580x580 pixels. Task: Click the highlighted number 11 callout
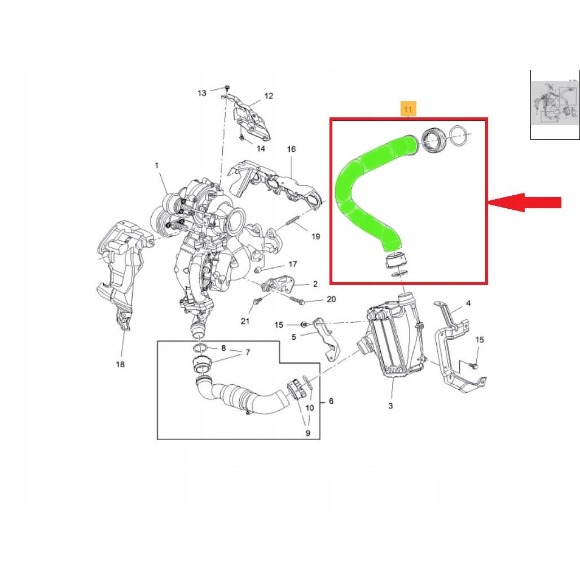(408, 109)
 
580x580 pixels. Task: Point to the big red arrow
(525, 203)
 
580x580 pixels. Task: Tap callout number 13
(202, 93)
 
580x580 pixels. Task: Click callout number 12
(269, 96)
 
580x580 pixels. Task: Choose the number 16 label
(292, 149)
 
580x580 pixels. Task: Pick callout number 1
(157, 165)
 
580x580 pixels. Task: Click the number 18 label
(120, 364)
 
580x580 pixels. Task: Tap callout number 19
(315, 236)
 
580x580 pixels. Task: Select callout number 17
(293, 264)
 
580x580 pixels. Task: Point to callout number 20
(331, 299)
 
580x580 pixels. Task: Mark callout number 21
(245, 321)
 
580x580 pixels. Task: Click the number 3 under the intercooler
(390, 406)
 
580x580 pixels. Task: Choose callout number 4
(468, 304)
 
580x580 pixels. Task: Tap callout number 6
(331, 401)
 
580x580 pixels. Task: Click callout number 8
(223, 348)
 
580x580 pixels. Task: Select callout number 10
(310, 407)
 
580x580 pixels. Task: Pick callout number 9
(307, 433)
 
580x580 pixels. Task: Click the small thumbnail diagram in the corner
(555, 105)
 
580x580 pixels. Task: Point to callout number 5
(294, 337)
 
